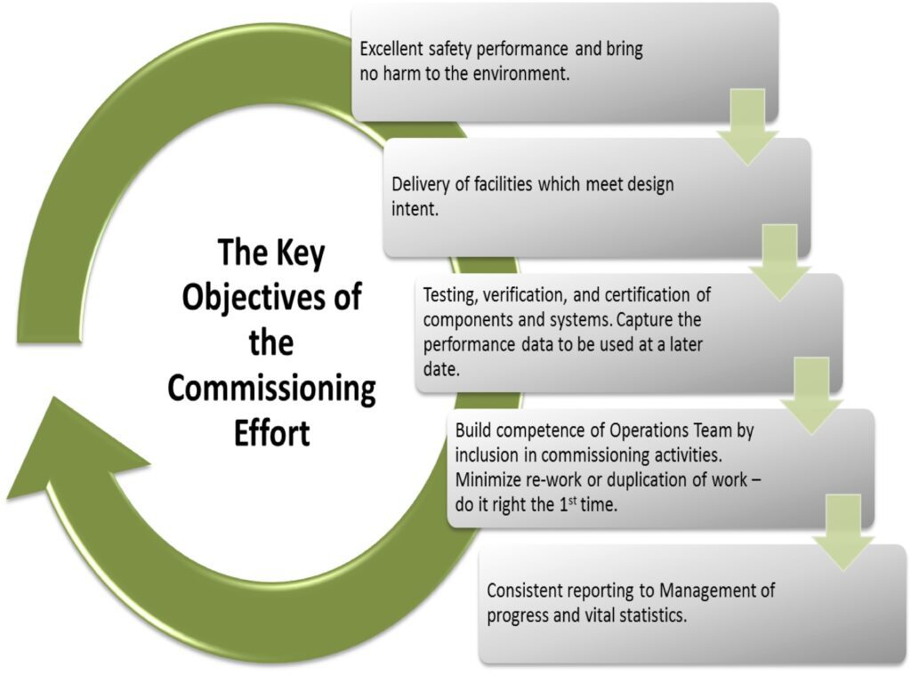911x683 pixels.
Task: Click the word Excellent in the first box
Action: pyautogui.click(x=391, y=50)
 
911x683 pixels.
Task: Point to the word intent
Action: pyautogui.click(x=415, y=210)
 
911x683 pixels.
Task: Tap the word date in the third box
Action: pyautogui.click(x=441, y=369)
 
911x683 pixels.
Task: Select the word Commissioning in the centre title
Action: pyautogui.click(x=272, y=389)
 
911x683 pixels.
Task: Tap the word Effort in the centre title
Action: pyautogui.click(x=272, y=433)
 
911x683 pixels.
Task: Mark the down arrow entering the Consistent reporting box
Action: pyautogui.click(x=843, y=533)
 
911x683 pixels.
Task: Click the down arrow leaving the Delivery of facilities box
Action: pyautogui.click(x=779, y=262)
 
